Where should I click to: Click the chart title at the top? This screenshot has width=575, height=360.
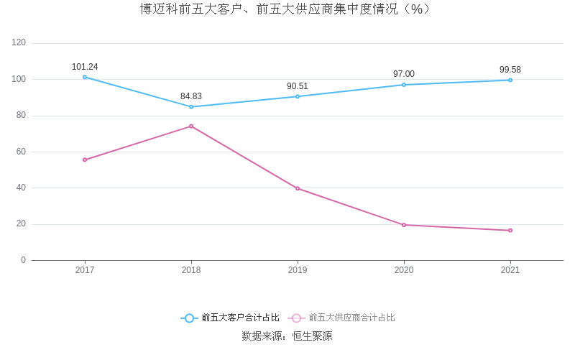(287, 9)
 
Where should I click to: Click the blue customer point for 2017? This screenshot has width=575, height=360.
(85, 77)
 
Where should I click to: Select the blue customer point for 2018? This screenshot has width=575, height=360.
(191, 107)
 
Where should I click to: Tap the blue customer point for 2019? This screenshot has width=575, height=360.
(298, 96)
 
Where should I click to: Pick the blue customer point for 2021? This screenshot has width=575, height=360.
(510, 80)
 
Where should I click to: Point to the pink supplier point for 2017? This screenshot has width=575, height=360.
(85, 160)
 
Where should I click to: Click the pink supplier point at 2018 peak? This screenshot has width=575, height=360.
(191, 126)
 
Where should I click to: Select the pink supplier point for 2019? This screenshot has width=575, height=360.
(298, 188)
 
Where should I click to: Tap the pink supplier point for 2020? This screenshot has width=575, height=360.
(404, 225)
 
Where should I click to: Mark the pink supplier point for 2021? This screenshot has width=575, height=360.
(510, 231)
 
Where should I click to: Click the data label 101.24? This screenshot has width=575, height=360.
(85, 67)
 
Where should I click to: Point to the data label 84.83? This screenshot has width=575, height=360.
(191, 96)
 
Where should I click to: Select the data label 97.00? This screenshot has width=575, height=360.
(404, 74)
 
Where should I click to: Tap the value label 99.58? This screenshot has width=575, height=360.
(510, 70)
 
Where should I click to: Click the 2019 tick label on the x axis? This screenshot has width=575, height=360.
(298, 270)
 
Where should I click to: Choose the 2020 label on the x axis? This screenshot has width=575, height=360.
(404, 270)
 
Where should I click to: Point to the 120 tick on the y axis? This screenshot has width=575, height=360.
(19, 43)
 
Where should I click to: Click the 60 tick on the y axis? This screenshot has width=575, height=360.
(21, 152)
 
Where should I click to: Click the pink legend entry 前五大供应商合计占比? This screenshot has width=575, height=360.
(342, 318)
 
